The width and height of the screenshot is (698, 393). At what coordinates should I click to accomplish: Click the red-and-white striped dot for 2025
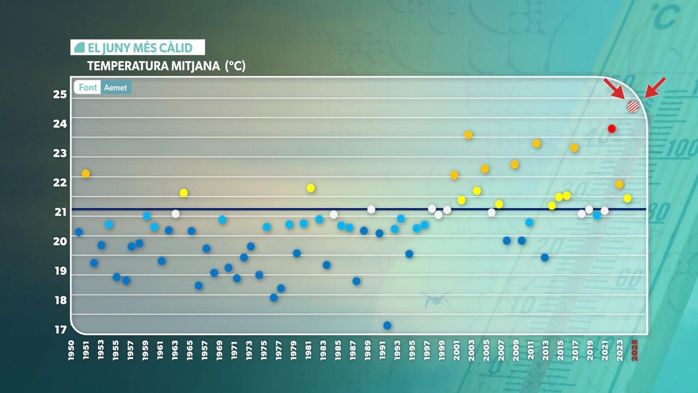633,107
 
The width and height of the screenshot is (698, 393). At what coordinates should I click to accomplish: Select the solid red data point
612,129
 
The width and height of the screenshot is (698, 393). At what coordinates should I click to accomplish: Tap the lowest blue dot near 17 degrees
387,325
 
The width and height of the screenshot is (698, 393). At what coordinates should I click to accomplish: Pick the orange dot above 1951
86,174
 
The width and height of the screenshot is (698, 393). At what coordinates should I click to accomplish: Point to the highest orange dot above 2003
468,135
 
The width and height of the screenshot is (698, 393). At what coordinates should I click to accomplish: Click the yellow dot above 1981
311,188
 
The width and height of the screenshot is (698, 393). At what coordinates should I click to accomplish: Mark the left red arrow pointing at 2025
614,88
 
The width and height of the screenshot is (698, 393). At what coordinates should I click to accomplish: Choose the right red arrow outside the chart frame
655,87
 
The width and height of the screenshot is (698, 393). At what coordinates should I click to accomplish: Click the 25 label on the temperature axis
60,94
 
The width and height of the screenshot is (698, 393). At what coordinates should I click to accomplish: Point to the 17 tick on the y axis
61,330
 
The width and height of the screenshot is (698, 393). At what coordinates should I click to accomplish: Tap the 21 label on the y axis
61,212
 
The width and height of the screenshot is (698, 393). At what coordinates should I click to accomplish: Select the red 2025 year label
635,350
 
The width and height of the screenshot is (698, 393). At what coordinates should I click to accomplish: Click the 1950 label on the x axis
71,351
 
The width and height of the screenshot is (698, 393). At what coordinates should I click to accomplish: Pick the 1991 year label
383,351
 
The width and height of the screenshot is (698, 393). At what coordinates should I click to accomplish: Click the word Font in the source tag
88,87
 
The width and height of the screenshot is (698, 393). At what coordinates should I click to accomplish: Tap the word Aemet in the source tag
116,88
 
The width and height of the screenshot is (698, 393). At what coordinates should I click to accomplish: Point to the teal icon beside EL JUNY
79,47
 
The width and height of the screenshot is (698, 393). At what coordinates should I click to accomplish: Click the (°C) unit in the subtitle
235,66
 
